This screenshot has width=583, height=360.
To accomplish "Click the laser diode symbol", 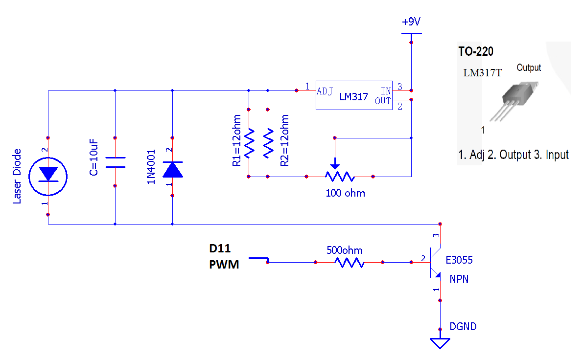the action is click(48, 177).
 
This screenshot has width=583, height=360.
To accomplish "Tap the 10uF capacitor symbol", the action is click(115, 162).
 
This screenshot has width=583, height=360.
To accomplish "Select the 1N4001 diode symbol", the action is click(172, 169).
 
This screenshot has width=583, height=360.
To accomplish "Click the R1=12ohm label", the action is click(237, 140).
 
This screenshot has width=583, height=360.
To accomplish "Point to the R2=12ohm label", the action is click(284, 140).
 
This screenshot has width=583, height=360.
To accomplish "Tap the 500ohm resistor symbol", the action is click(349, 263).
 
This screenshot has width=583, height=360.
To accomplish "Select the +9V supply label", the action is click(411, 22).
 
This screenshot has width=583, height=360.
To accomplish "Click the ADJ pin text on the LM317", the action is click(325, 91).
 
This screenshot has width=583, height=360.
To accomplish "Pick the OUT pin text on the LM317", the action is click(383, 101).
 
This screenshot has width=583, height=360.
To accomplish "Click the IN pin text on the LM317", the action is click(386, 91).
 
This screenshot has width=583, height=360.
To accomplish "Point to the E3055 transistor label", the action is click(459, 260).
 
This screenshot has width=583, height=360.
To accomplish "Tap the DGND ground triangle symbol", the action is click(440, 342).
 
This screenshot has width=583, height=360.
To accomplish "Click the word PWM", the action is click(224, 265).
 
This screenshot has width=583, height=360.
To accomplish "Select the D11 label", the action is click(220, 248).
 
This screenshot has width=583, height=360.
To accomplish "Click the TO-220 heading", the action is click(475, 51).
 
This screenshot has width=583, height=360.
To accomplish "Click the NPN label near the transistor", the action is click(459, 279).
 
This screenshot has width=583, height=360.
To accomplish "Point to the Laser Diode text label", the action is click(17, 177).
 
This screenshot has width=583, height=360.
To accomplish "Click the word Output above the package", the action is click(529, 67).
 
